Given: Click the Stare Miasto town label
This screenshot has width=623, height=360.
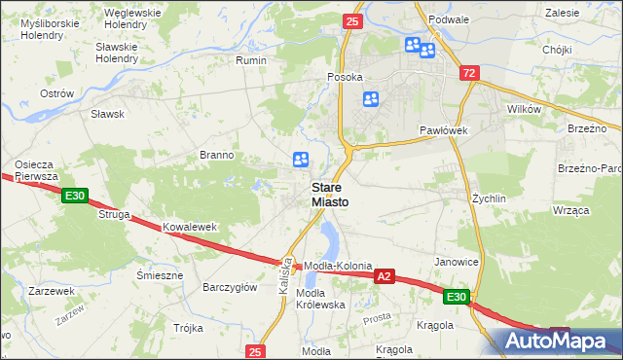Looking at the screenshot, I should pos(330,194).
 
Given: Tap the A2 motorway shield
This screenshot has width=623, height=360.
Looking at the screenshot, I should pos(385,277).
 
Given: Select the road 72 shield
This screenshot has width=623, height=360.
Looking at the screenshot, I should pos(470,73).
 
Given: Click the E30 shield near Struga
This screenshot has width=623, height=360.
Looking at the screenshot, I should pos(76,197).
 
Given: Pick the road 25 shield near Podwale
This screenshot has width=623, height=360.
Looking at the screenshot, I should pos(352,20).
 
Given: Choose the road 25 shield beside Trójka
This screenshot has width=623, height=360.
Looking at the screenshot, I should pos(255,351).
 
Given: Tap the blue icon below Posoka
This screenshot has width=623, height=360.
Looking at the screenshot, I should pos(371,98).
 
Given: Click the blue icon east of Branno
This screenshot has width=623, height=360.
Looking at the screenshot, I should pos(301,160).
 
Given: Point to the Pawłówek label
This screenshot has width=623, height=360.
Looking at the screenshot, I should pos(445,129).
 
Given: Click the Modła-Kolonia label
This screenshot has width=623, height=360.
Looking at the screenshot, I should pos(338,267).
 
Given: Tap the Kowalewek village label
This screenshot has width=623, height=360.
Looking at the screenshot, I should pos(189,227).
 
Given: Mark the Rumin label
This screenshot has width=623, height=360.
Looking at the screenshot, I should pos(251,60).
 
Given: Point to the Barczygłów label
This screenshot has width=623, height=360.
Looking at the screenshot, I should pos(229,287).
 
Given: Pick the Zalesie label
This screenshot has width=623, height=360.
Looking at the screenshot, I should pos(563,13).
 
